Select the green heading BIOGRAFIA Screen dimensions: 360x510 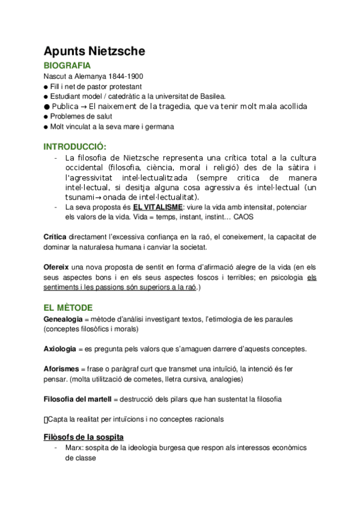point(67,66)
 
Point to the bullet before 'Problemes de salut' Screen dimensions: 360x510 point(46,117)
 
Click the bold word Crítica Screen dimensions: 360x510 point(56,236)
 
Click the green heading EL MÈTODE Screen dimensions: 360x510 point(68,307)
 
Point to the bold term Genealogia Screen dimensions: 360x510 point(63,318)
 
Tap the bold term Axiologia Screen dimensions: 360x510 point(59,349)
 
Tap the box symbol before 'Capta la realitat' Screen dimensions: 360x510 point(46,419)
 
